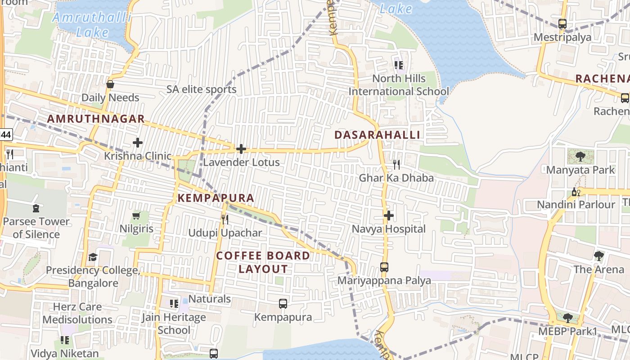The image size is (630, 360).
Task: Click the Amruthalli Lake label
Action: click(92, 25)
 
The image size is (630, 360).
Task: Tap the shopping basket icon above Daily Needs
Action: click(110, 84)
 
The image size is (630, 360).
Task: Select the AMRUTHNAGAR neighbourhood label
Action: click(96, 119)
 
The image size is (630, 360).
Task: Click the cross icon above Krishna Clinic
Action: click(138, 143)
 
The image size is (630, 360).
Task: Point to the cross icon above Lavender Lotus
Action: click(241, 149)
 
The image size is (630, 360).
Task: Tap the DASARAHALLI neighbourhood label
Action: click(378, 135)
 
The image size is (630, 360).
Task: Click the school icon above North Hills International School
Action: click(399, 65)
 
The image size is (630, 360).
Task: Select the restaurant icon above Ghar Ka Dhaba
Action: click(396, 165)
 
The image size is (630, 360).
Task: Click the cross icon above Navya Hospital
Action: click(389, 216)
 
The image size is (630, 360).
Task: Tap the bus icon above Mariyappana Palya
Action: click(384, 267)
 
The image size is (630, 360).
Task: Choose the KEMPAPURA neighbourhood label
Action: click(216, 198)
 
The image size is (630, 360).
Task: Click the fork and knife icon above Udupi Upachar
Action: click(225, 220)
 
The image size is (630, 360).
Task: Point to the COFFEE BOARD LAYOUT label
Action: click(263, 262)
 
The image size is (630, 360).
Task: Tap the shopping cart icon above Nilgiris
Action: click(136, 216)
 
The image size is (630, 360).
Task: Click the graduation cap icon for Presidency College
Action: click(93, 257)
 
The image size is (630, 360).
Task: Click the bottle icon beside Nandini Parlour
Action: click(576, 192)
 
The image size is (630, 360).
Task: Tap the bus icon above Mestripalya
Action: click(562, 24)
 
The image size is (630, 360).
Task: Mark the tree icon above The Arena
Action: click(598, 256)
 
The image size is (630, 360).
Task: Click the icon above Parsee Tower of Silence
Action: click(36, 208)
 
